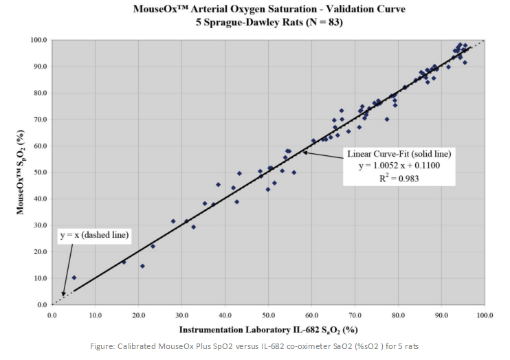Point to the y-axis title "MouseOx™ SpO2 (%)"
point(21,171)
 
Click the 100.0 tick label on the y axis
point(38,40)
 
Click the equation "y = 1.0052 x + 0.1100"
point(393,166)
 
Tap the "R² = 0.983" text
point(393,178)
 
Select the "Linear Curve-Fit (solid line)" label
point(393,153)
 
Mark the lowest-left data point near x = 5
point(74,278)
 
